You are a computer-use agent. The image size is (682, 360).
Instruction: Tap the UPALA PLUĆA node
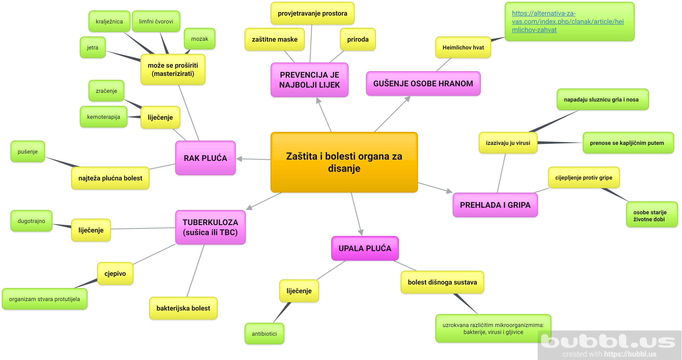[x=365, y=248]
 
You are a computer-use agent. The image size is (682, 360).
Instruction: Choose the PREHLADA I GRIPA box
[x=495, y=205]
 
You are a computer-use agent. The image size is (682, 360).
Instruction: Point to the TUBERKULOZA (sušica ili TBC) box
[x=210, y=227]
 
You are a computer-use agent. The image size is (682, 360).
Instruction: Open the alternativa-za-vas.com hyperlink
[x=567, y=21]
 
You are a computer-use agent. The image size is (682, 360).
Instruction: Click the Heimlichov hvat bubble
[x=463, y=47]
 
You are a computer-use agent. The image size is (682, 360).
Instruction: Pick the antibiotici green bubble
[x=264, y=334]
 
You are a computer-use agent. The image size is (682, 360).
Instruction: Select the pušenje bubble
[x=28, y=152]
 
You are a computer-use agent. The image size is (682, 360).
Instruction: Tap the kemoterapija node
[x=104, y=117]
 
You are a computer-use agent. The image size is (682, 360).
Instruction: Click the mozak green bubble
[x=200, y=39]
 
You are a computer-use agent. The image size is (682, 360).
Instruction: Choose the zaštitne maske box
[x=274, y=39]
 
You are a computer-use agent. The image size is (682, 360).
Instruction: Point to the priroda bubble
[x=358, y=39]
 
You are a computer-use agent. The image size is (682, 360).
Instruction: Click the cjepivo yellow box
[x=115, y=273]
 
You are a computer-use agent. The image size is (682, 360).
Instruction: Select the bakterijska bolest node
[x=183, y=308]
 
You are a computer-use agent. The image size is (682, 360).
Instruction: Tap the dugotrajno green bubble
[x=31, y=221]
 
